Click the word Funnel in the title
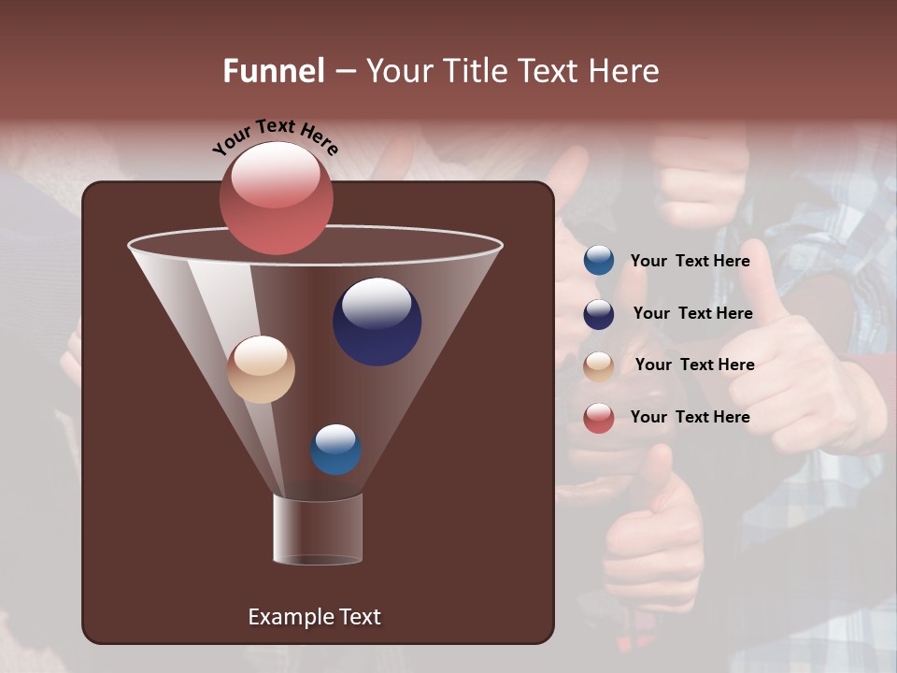click(273, 71)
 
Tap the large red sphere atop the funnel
click(276, 197)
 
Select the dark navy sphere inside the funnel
click(377, 322)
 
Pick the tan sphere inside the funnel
click(261, 369)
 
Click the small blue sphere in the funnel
click(335, 450)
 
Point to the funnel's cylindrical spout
click(318, 529)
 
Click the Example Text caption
click(314, 617)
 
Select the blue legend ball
click(599, 261)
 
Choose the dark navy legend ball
click(599, 314)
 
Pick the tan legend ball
click(599, 366)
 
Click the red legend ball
click(599, 418)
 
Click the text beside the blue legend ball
click(690, 262)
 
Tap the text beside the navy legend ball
click(692, 314)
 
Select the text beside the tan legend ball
click(694, 365)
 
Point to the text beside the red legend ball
click(690, 417)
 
